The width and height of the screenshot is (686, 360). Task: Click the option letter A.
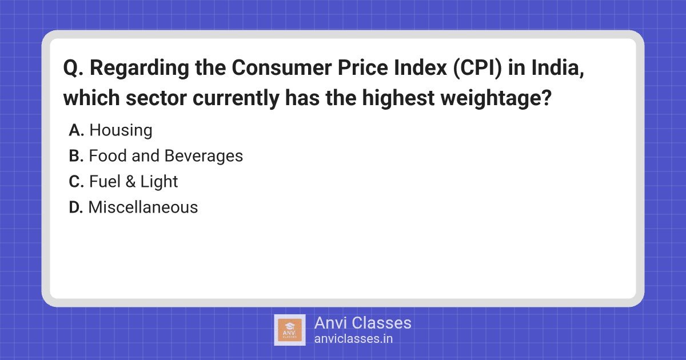pos(76,130)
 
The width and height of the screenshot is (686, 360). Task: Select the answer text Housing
pos(121,130)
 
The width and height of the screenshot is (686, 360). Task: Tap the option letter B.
pos(76,156)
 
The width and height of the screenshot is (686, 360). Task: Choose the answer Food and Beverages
pos(166,156)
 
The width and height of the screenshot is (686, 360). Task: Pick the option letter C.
pos(76,182)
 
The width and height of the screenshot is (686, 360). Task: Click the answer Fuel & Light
pos(133,182)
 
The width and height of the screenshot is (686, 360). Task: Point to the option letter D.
pos(76,207)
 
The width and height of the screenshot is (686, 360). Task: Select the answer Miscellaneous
pos(143,207)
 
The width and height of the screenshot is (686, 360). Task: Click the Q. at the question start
pos(73,69)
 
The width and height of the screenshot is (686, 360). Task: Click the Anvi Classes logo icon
pos(290,330)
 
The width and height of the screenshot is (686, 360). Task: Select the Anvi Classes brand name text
pos(362,323)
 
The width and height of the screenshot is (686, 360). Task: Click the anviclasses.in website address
pos(353,338)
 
